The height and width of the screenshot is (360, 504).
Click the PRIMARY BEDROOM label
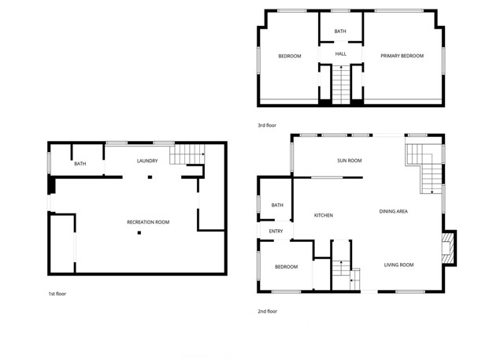point(402,56)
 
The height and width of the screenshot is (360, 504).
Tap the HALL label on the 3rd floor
point(340,54)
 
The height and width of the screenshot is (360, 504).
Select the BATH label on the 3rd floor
point(340,32)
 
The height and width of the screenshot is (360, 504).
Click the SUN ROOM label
point(350,161)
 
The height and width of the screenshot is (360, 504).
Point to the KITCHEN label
point(324,215)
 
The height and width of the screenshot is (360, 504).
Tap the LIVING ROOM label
point(398,265)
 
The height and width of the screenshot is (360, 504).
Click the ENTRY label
point(276,231)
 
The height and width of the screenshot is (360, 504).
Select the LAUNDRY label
point(147,161)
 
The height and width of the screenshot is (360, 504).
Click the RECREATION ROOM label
point(148,222)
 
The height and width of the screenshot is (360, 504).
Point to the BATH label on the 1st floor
point(80,164)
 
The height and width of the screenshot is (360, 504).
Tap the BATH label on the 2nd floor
point(277,206)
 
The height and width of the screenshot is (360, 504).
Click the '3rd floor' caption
point(267,125)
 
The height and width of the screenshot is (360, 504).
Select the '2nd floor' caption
point(268,311)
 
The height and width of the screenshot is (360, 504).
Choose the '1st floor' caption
point(57,294)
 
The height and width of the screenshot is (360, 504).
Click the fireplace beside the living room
point(448,247)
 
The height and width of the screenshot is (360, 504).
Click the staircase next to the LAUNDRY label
point(187,154)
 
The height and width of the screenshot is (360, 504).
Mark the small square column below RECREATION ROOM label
point(139,233)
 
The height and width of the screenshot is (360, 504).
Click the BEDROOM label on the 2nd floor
point(287,267)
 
